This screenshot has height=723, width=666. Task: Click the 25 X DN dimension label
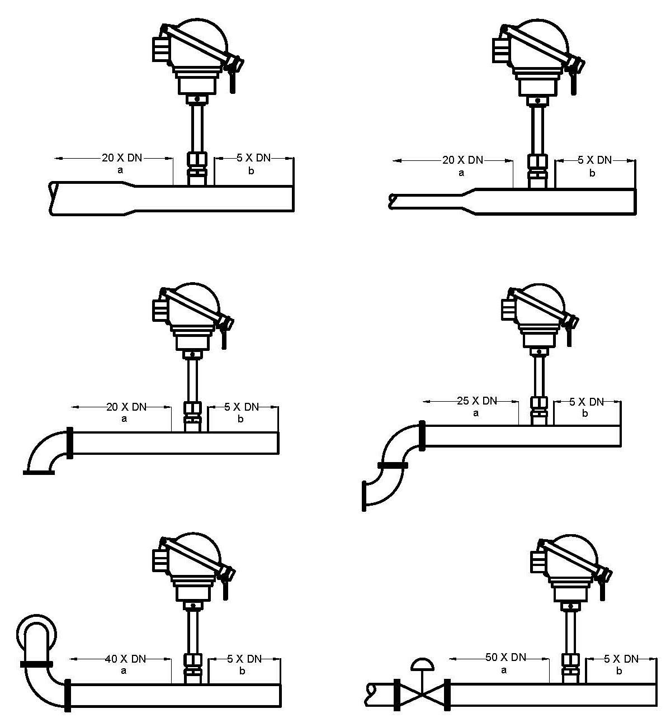coord(476,401)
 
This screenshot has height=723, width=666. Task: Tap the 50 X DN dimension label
coord(506,658)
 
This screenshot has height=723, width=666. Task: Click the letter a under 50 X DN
coord(504,670)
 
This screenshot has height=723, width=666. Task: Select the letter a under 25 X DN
coord(475,413)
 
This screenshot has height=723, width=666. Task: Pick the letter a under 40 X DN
coord(124,670)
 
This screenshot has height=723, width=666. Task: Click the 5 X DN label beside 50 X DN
coord(621,659)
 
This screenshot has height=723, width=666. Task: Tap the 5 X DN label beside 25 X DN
coord(586,402)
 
